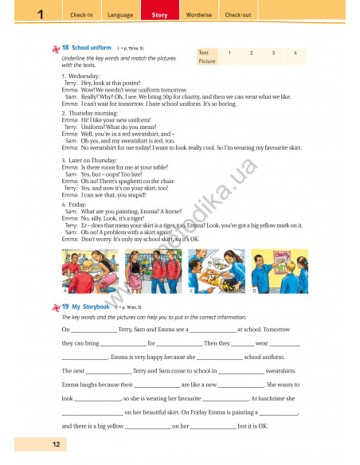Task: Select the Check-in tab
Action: (82, 15)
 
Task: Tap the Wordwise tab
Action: (199, 15)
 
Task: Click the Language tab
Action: (120, 15)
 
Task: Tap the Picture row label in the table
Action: (207, 61)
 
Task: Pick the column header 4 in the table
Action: (295, 52)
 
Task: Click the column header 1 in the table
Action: (229, 52)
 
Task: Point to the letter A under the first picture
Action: (64, 291)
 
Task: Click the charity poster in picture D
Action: (280, 256)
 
